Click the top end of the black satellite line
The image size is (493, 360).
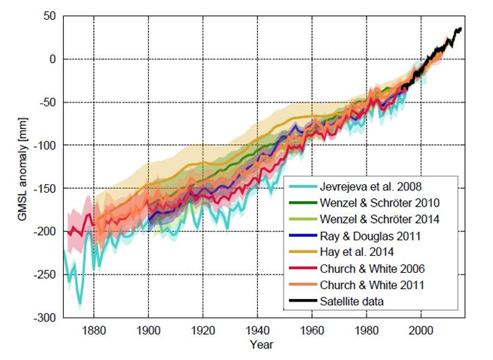pyautogui.click(x=461, y=29)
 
